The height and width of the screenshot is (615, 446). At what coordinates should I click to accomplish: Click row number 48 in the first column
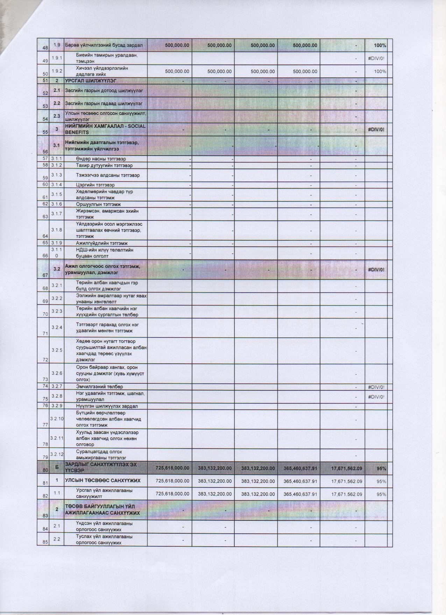[x=45, y=48]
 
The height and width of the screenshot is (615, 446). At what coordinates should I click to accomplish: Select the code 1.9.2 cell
[x=56, y=71]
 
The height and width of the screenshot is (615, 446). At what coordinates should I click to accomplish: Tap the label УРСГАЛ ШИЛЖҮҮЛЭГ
[x=91, y=81]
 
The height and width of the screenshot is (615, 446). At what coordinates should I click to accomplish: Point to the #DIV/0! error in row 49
[x=376, y=58]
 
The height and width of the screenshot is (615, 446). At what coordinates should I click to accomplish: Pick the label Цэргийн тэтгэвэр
[x=95, y=185]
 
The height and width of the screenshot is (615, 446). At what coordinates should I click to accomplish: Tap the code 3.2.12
[x=57, y=454]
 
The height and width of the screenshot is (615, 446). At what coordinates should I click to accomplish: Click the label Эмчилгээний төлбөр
[x=100, y=387]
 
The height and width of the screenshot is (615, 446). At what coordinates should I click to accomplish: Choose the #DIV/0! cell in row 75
[x=376, y=397]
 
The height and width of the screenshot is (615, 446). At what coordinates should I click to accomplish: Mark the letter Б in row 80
[x=56, y=468]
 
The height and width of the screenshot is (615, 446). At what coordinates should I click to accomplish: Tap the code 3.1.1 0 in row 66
[x=56, y=253]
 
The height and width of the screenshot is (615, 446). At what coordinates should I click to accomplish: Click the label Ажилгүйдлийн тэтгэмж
[x=102, y=243]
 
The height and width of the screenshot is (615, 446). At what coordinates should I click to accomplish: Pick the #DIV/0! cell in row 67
[x=376, y=269]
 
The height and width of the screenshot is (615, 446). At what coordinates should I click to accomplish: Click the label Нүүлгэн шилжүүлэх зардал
[x=107, y=406]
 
